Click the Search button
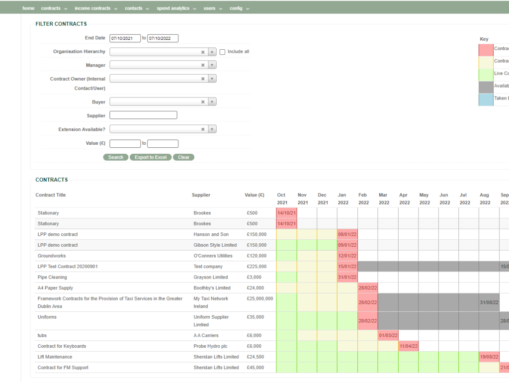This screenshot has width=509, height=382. (x=115, y=157)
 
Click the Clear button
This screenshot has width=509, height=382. (x=183, y=157)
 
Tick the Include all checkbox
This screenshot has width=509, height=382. (x=223, y=52)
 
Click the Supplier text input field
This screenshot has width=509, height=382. (x=143, y=115)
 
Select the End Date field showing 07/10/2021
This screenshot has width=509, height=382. (x=125, y=38)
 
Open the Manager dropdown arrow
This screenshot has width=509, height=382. (x=212, y=65)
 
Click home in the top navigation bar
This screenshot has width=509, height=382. (x=28, y=8)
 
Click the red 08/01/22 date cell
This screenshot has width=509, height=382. (x=347, y=234)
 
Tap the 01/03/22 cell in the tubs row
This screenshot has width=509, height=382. (x=388, y=335)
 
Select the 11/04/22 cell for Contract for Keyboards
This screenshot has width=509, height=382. (x=408, y=346)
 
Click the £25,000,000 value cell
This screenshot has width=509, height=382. (x=259, y=298)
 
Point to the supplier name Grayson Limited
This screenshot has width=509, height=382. (x=206, y=277)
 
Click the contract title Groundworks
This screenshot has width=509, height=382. (x=51, y=256)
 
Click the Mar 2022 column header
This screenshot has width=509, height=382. (x=383, y=199)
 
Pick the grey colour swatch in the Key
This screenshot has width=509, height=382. (x=486, y=87)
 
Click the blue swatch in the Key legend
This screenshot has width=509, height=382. (x=486, y=99)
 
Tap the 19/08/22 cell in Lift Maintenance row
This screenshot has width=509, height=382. (x=489, y=357)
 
